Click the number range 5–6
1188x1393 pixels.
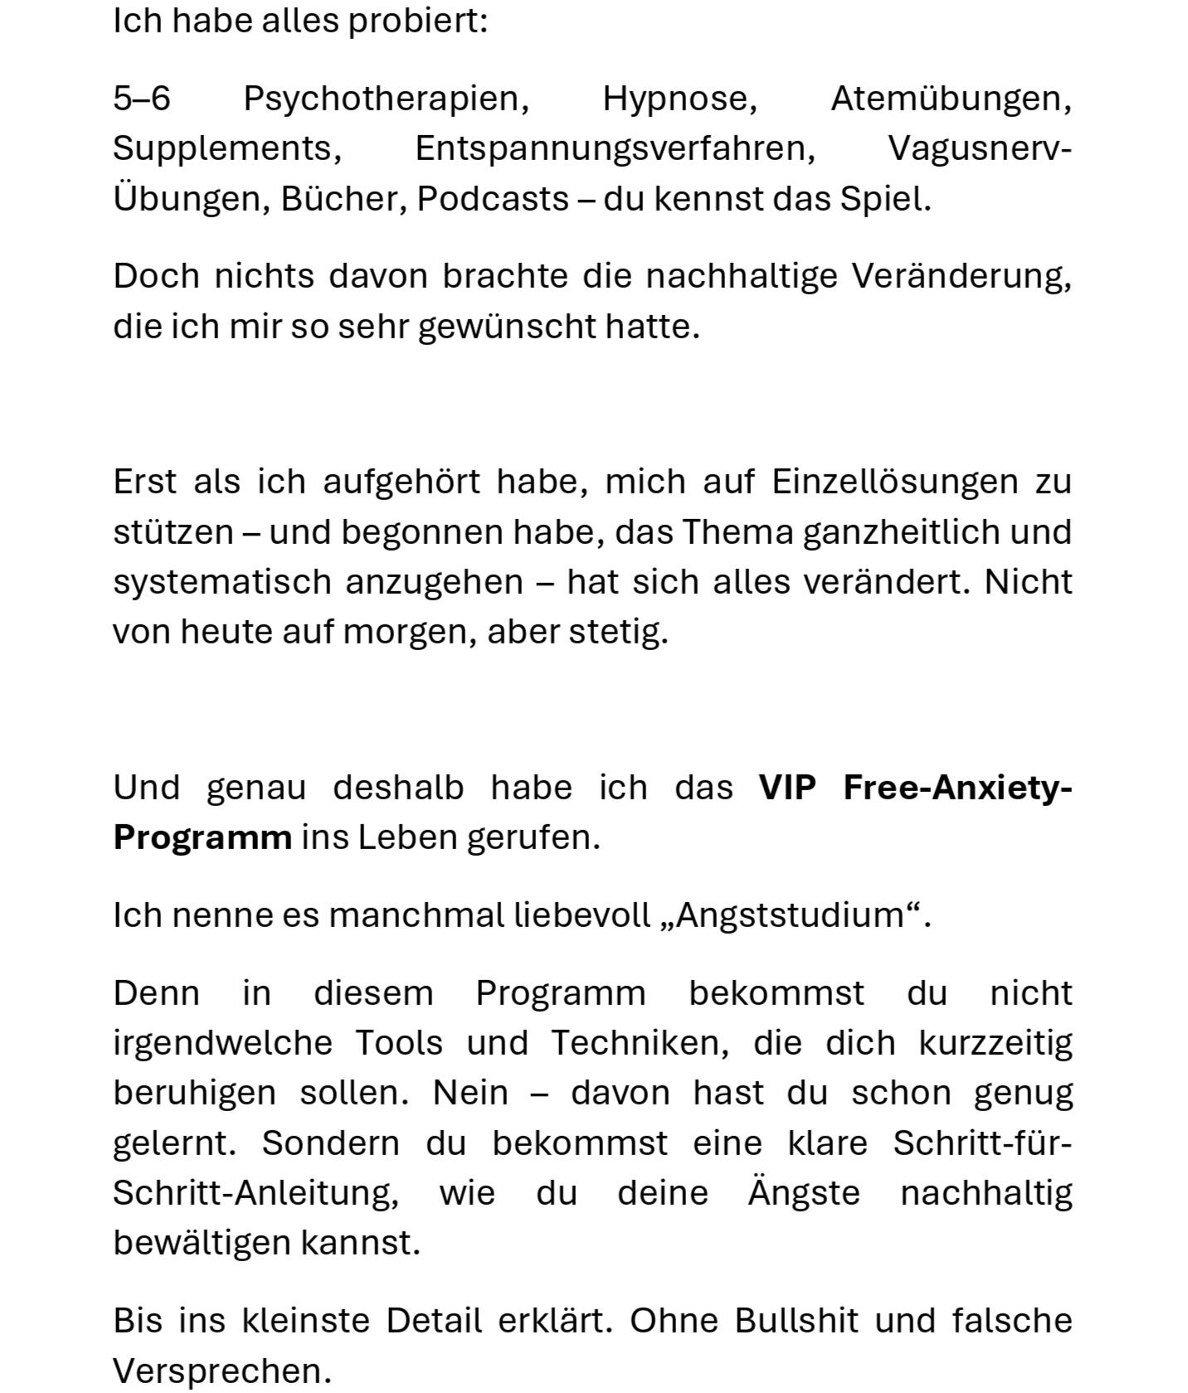point(142,99)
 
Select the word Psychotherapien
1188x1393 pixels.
point(386,99)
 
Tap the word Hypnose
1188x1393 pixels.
point(679,99)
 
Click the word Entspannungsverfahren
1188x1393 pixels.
point(615,149)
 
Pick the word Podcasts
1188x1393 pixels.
point(492,199)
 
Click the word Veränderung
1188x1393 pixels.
point(962,276)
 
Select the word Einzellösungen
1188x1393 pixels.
point(894,482)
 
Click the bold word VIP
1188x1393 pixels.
point(787,788)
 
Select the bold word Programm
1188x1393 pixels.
point(202,837)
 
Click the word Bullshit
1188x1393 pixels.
point(796,1321)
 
